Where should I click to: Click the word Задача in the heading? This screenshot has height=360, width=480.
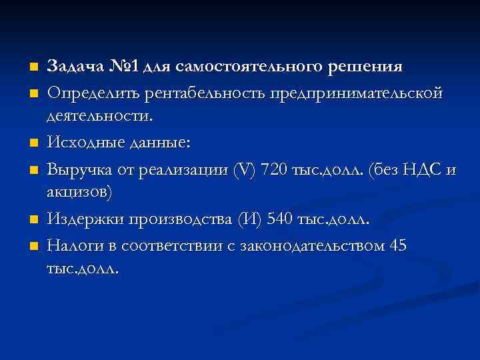click(73, 67)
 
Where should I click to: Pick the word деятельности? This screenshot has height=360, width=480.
click(108, 117)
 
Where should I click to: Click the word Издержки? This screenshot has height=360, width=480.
click(80, 219)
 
